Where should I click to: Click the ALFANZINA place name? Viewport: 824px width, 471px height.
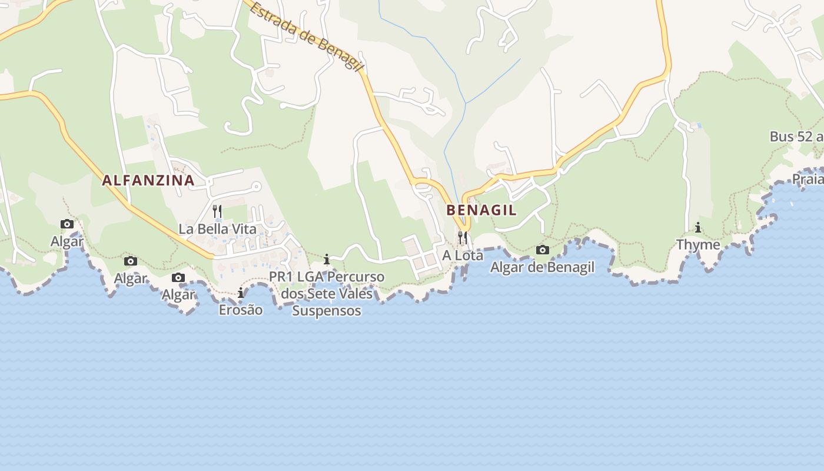148,181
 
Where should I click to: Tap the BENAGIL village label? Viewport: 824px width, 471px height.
481,210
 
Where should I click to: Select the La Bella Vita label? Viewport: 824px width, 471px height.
217,229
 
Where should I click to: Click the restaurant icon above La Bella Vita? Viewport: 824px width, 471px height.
217,211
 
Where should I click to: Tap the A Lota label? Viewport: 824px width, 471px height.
463,256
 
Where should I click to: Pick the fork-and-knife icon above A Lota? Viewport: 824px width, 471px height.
463,238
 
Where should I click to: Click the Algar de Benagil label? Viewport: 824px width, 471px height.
542,267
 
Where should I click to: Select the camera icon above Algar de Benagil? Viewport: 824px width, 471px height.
543,250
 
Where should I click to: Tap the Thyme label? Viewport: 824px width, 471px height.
698,244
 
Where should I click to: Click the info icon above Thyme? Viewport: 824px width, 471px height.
698,227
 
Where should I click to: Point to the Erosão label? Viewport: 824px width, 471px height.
241,310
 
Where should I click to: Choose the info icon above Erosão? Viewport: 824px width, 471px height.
241,293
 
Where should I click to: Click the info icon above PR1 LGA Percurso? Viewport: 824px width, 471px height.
327,260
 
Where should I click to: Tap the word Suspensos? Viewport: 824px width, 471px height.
327,310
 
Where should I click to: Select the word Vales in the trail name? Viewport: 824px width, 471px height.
355,293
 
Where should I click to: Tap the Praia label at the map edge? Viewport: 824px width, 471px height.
808,179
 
